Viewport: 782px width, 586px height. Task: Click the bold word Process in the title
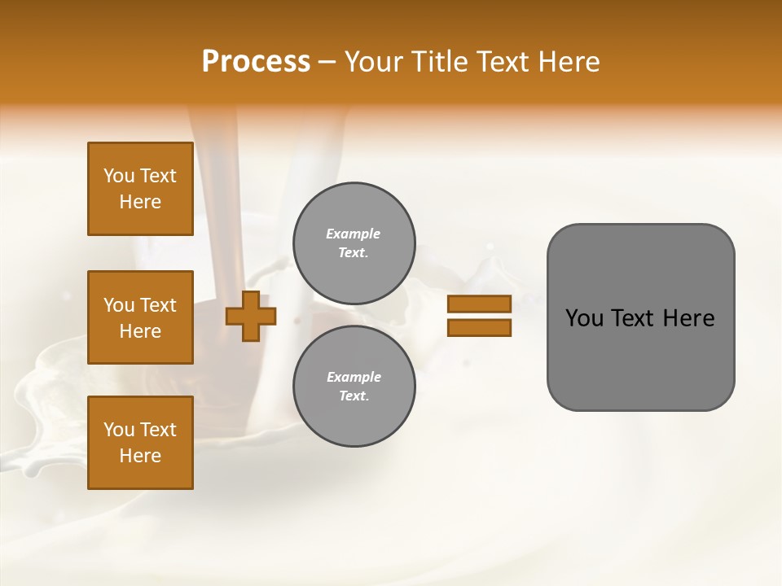point(256,62)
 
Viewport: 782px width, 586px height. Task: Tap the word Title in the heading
point(441,62)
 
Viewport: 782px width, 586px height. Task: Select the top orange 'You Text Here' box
point(140,189)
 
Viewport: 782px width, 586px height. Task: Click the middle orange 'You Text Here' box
point(140,317)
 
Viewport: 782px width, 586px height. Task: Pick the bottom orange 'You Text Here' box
point(140,443)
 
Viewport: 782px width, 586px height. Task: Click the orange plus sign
point(251,316)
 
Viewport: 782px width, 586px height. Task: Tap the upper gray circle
point(354,243)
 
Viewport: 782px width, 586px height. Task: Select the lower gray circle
point(354,387)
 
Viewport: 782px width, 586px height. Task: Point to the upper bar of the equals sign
point(479,304)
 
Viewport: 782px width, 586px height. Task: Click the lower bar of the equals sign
point(479,328)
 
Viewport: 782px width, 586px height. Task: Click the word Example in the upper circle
point(354,234)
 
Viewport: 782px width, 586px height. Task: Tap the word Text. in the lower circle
point(354,396)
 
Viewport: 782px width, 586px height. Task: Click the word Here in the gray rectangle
point(688,318)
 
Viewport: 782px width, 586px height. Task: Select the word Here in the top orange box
point(140,202)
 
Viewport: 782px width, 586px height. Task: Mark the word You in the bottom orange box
point(119,430)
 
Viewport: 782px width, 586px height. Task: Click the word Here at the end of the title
point(569,62)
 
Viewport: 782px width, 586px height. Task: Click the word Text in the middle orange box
point(158,305)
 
